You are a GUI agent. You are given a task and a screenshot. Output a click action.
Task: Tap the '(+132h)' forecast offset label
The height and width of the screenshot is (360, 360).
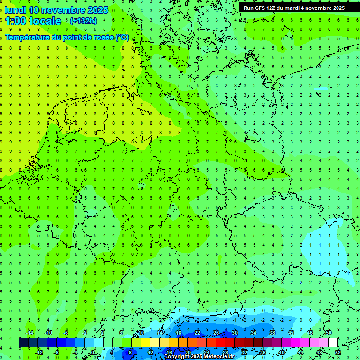pyautogui.click(x=83, y=21)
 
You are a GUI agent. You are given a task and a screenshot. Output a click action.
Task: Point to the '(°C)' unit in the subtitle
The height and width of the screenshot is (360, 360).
pyautogui.click(x=122, y=37)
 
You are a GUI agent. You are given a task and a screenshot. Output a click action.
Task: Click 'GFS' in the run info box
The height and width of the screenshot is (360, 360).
pyautogui.click(x=262, y=8)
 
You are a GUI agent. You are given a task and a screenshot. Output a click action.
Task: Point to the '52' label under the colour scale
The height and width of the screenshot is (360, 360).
pyautogui.click(x=338, y=352)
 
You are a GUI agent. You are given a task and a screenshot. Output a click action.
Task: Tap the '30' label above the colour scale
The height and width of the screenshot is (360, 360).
pyautogui.click(x=234, y=333)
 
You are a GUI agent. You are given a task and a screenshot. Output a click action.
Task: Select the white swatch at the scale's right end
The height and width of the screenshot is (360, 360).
pyautogui.click(x=333, y=343)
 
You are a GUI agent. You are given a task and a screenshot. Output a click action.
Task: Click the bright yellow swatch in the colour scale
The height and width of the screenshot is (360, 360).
pyautogui.click(x=145, y=343)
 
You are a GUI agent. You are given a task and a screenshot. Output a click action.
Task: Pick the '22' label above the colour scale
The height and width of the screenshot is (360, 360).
pyautogui.click(x=197, y=333)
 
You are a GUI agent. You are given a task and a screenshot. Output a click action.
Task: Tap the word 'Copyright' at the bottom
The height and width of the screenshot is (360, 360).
pyautogui.click(x=176, y=357)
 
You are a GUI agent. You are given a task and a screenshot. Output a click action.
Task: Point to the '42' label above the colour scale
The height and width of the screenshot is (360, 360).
pyautogui.click(x=291, y=333)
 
